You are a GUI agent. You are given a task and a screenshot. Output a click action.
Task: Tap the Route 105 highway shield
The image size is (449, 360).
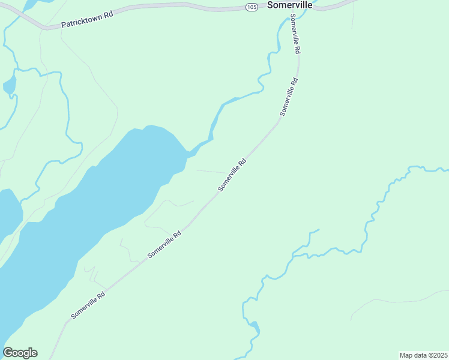tap(252, 7)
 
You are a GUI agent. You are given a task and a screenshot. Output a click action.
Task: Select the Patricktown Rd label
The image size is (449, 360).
tap(87, 21)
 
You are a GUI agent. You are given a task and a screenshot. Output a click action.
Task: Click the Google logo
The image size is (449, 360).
tap(20, 353)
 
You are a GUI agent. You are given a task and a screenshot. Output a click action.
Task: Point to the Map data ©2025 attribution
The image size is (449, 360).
tap(424, 355)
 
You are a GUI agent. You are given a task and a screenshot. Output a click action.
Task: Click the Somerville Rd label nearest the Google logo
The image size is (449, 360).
tap(88, 305)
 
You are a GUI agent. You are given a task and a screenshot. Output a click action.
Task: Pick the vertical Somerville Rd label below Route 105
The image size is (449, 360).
tap(295, 36)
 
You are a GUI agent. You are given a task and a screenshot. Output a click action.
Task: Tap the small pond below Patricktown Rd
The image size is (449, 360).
tap(9, 86)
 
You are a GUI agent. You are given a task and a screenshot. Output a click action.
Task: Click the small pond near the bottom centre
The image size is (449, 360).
tap(256, 328)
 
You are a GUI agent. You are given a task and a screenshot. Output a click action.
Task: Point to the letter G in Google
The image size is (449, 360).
tap(8, 353)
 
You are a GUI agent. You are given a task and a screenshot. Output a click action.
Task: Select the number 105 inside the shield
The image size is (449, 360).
tap(252, 7)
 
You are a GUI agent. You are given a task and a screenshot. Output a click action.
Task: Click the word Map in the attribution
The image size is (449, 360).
tap(406, 355)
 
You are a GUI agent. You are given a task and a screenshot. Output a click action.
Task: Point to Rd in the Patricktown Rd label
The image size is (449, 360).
tap(108, 16)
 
